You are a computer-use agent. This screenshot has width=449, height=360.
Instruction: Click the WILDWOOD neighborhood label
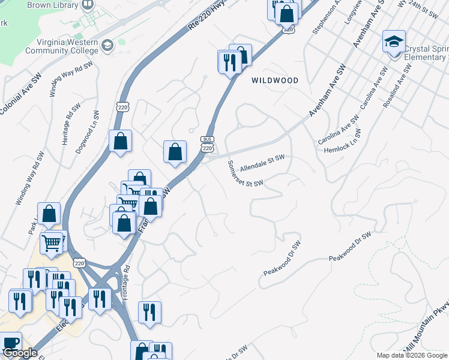click(x=274, y=80)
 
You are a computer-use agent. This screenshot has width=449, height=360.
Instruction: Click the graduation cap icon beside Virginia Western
click(x=107, y=45)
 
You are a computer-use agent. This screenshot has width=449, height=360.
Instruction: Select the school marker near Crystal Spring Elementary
click(x=394, y=42)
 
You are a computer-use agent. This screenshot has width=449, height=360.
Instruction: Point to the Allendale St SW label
click(x=262, y=163)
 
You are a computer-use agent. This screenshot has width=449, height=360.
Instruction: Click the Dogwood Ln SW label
click(x=87, y=131)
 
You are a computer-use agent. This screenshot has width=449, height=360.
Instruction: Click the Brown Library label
click(x=52, y=5)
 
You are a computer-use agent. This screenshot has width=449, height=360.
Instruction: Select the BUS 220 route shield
click(x=207, y=144)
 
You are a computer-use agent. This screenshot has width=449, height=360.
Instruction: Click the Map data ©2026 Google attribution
click(x=412, y=355)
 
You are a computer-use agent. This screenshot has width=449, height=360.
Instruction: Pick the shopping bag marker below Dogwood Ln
click(x=121, y=142)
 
